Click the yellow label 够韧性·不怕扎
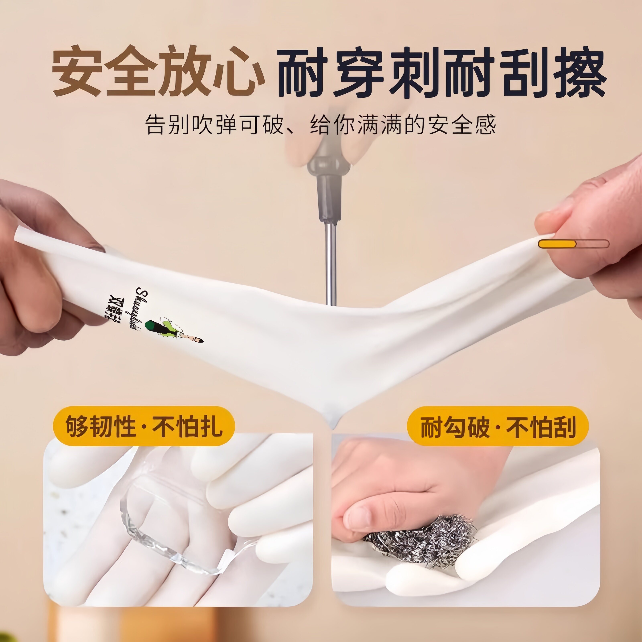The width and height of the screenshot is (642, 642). (x=144, y=426)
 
